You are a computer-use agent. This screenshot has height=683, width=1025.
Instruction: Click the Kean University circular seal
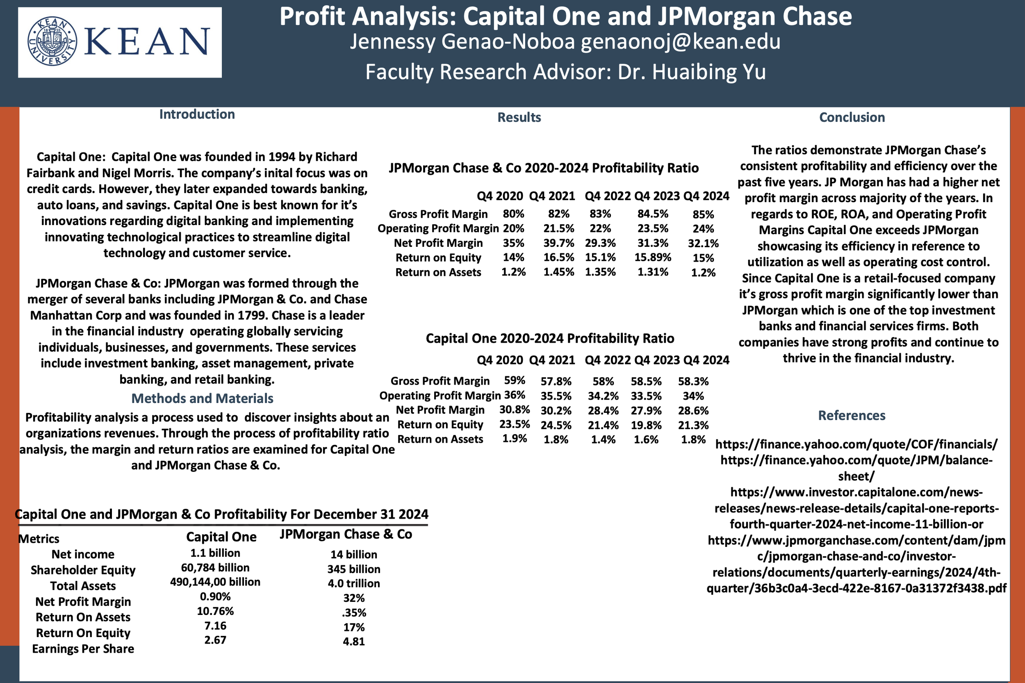(52, 42)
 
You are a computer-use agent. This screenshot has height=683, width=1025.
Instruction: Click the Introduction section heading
(197, 114)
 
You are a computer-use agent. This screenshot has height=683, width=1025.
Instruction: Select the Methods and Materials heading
(202, 398)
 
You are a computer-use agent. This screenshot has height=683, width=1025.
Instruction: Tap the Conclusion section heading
(852, 117)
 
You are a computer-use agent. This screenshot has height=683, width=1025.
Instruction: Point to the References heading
(852, 415)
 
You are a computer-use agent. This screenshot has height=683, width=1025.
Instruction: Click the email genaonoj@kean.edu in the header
(681, 42)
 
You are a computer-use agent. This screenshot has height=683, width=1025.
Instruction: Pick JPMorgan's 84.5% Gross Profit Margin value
(653, 214)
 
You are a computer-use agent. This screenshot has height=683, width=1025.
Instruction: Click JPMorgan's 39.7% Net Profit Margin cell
(558, 243)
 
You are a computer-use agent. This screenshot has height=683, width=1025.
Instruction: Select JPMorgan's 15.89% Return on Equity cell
(653, 257)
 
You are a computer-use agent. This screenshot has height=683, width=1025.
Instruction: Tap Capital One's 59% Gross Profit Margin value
(515, 380)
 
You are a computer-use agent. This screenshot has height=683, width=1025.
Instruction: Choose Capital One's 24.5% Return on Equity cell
(556, 425)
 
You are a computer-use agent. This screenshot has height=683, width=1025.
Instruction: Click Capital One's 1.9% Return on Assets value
(515, 439)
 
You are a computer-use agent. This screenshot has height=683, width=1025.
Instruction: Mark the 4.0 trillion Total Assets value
(354, 584)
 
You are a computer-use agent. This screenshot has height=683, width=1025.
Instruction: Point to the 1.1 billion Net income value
(215, 553)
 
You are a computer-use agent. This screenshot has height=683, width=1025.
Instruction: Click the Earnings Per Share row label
(83, 649)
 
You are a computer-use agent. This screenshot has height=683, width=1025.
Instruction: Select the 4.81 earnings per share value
(354, 642)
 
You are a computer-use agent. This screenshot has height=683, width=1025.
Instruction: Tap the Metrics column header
(39, 539)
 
